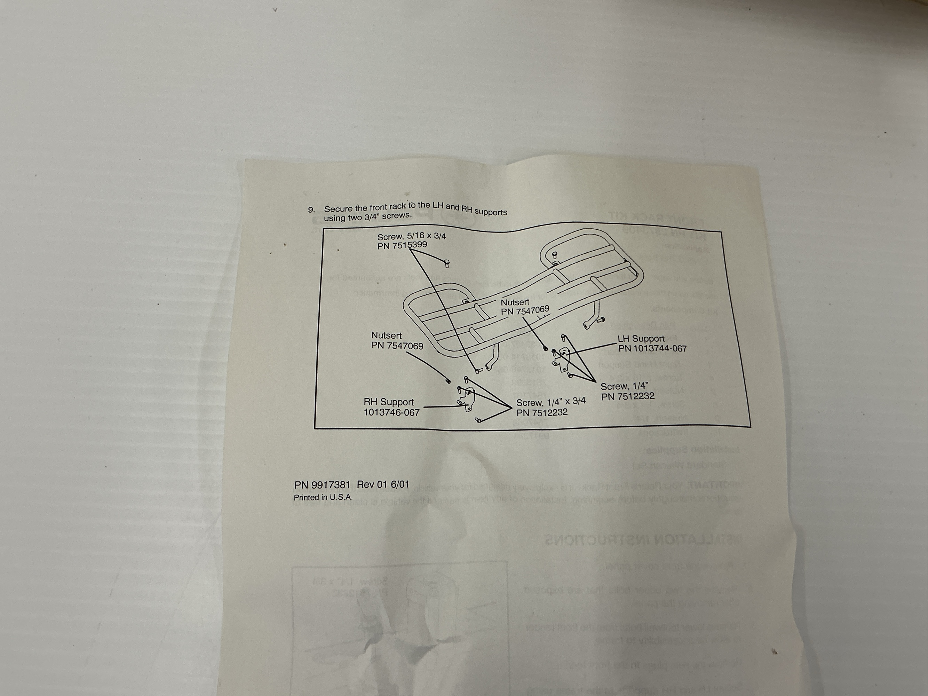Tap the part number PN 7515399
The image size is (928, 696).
tap(402, 245)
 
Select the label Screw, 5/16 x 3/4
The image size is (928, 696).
tap(411, 236)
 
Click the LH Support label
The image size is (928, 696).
tap(641, 339)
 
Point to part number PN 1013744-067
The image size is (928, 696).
tap(652, 349)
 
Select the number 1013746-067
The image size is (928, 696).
tap(391, 412)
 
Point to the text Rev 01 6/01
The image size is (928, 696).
tap(383, 484)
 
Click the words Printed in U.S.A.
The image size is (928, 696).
tap(323, 497)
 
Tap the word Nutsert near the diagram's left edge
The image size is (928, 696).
tap(386, 335)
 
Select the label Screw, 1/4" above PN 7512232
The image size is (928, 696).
tap(624, 386)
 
